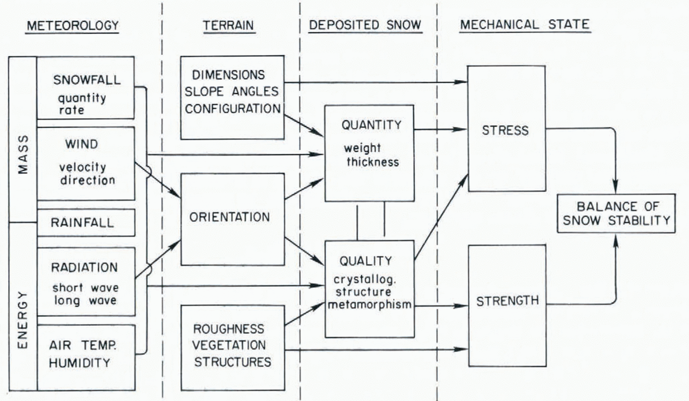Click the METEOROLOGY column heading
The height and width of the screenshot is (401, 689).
click(x=72, y=26)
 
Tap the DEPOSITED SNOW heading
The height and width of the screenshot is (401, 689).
click(x=365, y=26)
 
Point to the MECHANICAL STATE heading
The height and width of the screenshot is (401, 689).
click(x=525, y=26)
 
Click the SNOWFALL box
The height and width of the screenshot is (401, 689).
click(x=86, y=88)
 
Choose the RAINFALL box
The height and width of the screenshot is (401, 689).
click(x=86, y=222)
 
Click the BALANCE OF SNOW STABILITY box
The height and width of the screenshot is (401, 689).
click(x=617, y=213)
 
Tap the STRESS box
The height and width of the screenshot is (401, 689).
click(x=506, y=129)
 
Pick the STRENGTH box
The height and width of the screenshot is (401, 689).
click(x=507, y=305)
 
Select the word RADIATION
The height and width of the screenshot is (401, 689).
click(x=85, y=268)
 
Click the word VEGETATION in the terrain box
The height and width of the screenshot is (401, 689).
click(x=229, y=345)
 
